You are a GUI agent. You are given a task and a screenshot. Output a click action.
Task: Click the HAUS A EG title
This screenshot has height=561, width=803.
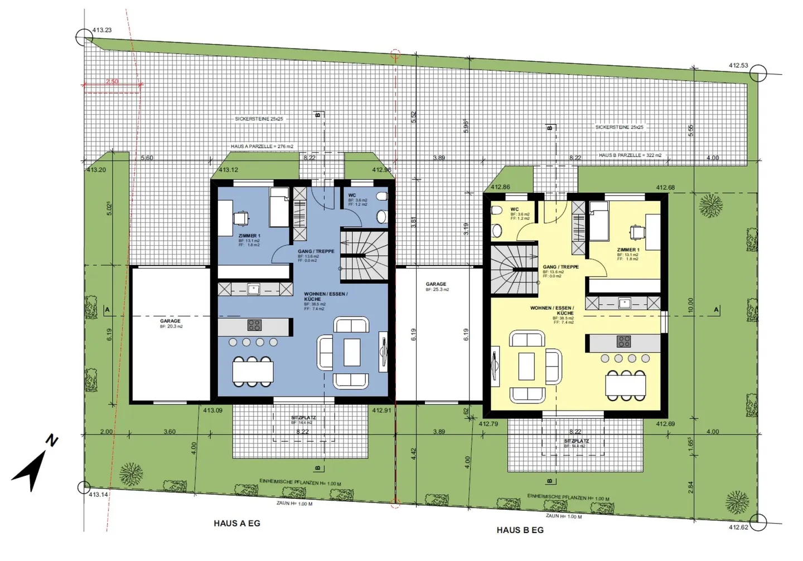(236, 524)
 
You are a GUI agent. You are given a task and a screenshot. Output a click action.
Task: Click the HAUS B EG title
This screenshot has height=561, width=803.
(520, 530)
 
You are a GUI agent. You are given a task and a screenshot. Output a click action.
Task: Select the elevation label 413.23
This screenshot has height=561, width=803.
(102, 30)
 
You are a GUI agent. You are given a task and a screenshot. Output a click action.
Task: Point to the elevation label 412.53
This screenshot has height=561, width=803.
(738, 65)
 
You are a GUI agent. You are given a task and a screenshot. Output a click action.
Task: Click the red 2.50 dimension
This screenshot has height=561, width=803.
(112, 81)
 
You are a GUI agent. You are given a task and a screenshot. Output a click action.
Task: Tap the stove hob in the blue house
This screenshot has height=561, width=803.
(254, 325)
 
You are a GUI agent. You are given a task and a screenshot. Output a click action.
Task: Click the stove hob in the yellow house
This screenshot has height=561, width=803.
(623, 341)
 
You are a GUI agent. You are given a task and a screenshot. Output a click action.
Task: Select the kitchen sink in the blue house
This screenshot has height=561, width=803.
(254, 289)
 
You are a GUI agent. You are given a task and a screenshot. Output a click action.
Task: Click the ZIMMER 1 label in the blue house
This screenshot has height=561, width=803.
(249, 236)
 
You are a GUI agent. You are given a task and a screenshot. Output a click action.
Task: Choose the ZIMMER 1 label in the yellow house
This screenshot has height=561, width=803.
(627, 250)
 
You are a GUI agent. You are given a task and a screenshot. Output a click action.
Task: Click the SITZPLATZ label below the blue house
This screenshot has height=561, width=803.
(303, 418)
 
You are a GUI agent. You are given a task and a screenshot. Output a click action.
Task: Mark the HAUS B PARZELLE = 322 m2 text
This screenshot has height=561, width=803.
(630, 155)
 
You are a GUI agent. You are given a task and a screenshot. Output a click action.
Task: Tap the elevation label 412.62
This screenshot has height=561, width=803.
(738, 527)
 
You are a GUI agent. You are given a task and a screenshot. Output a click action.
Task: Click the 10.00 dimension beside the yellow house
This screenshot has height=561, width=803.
(690, 305)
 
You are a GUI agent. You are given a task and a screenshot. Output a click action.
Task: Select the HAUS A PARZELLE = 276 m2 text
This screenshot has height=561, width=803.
(262, 147)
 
